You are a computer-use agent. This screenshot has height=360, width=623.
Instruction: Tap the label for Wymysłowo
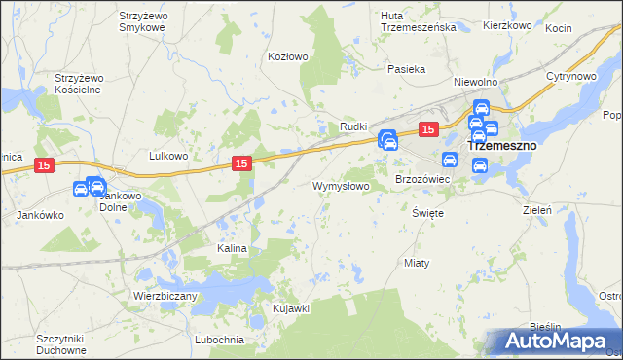click(341, 185)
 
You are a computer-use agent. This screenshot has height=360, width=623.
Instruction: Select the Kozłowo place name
click(288, 56)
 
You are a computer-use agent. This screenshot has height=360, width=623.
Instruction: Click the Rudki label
click(352, 127)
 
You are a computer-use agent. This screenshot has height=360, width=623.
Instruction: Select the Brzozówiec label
click(421, 180)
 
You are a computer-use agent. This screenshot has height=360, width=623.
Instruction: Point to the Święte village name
click(428, 212)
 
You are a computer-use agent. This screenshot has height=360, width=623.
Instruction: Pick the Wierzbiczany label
click(165, 295)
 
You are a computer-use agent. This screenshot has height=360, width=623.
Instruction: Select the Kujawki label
click(291, 308)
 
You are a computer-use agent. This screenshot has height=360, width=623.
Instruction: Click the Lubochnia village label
click(218, 340)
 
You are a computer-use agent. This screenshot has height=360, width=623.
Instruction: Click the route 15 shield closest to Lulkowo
click(243, 165)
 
